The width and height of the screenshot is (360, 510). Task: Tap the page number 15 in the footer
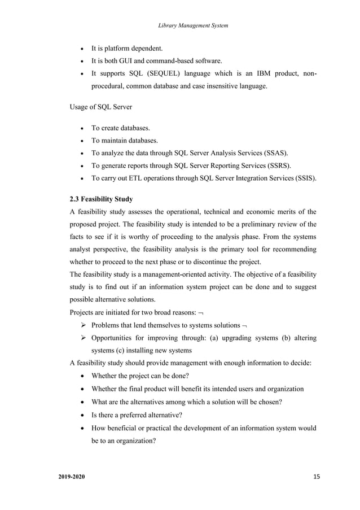[316, 477]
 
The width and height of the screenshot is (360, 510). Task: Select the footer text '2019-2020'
[72, 478]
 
